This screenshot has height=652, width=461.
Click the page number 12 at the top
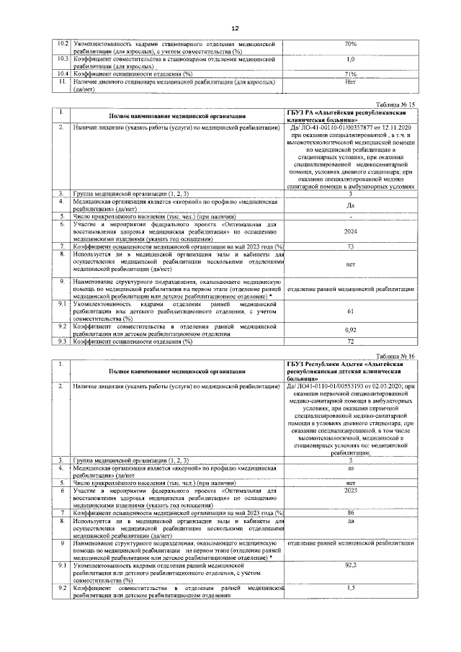coord(235,28)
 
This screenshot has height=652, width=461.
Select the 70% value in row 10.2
coord(351,44)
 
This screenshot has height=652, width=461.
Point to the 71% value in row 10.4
coord(351,74)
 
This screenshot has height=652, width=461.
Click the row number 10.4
coord(63,74)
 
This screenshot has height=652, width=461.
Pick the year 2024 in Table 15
coord(351,233)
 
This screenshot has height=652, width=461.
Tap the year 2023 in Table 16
coord(351,490)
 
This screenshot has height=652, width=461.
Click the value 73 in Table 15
coord(351,246)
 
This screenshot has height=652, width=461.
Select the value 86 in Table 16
coord(351,512)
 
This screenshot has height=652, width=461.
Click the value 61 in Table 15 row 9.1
coord(351,311)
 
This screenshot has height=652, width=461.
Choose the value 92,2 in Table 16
coord(351,566)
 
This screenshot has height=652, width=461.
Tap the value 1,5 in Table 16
coord(351,589)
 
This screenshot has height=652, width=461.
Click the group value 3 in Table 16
coord(351,460)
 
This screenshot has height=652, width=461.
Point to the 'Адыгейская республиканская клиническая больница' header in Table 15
coord(351,118)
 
